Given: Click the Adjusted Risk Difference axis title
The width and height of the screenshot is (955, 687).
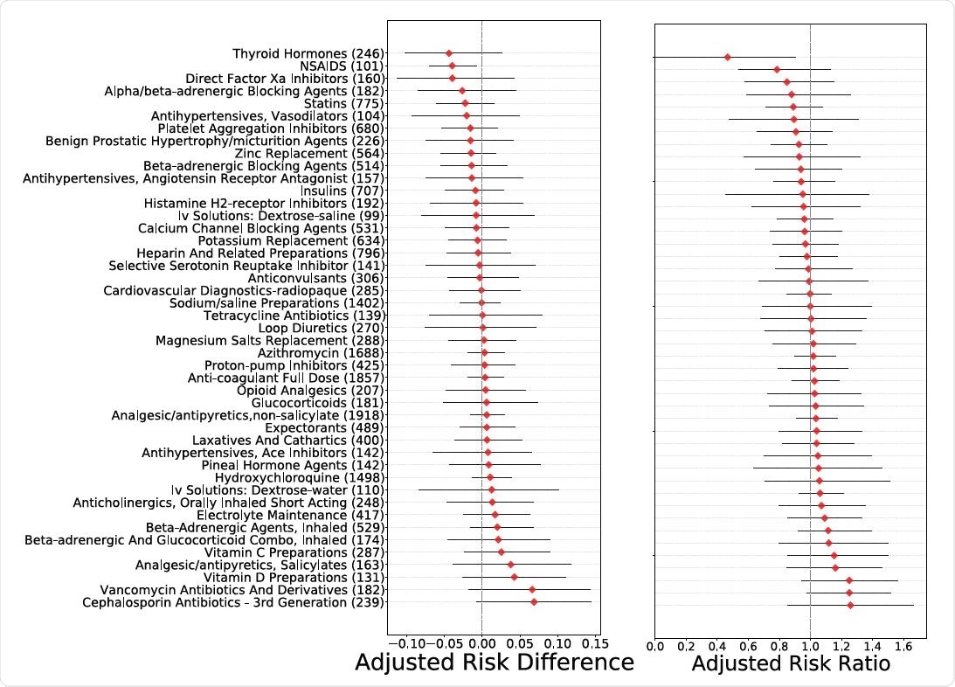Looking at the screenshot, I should point(494,663).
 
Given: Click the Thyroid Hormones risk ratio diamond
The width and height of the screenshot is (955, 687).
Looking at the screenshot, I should point(727,57).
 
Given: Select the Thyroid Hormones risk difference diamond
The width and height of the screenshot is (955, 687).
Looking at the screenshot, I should point(449,54).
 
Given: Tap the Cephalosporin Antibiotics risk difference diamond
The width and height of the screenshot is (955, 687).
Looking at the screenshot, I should point(534,601).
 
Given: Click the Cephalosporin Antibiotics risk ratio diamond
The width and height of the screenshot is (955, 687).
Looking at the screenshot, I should point(850,605).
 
